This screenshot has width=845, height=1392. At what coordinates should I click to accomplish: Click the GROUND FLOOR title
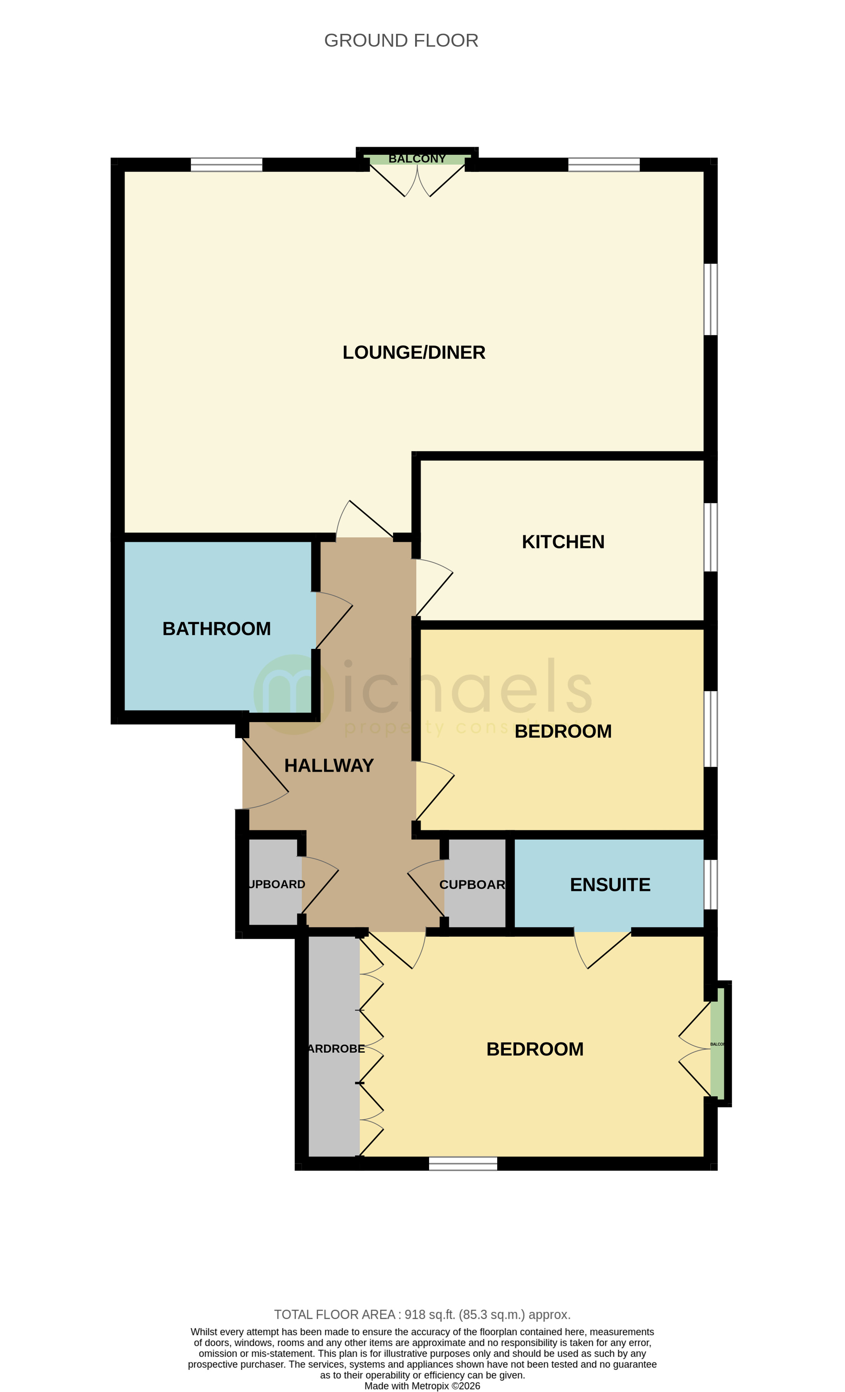[401, 41]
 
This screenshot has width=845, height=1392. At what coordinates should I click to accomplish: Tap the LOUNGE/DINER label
[414, 352]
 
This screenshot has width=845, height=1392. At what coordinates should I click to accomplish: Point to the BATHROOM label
[216, 629]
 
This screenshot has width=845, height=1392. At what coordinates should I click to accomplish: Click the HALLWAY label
[329, 766]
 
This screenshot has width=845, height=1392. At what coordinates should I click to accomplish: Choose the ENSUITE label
[610, 885]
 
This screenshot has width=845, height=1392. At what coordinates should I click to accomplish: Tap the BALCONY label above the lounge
[417, 159]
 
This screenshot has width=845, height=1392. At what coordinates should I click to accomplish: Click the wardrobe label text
[336, 1048]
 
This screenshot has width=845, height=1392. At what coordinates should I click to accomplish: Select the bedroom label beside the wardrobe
[534, 1049]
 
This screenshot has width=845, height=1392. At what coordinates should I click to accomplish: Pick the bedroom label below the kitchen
[563, 731]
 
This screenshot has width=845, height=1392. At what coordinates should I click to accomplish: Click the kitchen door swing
[434, 587]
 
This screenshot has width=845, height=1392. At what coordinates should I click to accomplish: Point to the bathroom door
[333, 621]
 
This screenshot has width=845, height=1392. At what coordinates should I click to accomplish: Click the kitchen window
[710, 537]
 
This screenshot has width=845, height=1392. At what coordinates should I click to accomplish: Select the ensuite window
[710, 884]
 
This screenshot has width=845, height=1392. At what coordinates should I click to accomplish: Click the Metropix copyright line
[422, 1386]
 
